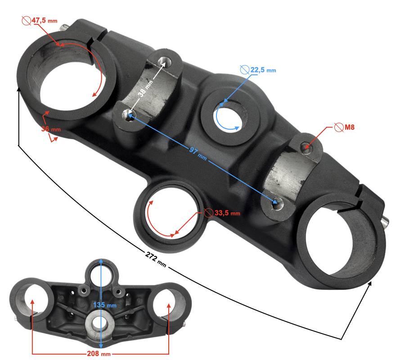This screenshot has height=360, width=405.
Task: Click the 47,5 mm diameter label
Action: pyautogui.click(x=45, y=20)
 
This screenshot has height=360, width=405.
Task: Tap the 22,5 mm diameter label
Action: pyautogui.click(x=263, y=70)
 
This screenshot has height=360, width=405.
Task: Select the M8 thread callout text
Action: pyautogui.click(x=350, y=127)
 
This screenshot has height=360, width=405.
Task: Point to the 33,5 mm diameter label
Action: pyautogui.click(x=227, y=213)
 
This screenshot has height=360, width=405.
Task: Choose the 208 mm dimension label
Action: pyautogui.click(x=99, y=353)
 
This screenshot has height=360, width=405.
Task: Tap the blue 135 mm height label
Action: pyautogui.click(x=105, y=305)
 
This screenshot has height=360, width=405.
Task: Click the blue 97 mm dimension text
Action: pyautogui.click(x=198, y=153)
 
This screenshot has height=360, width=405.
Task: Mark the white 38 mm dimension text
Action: pyautogui.click(x=145, y=88)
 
